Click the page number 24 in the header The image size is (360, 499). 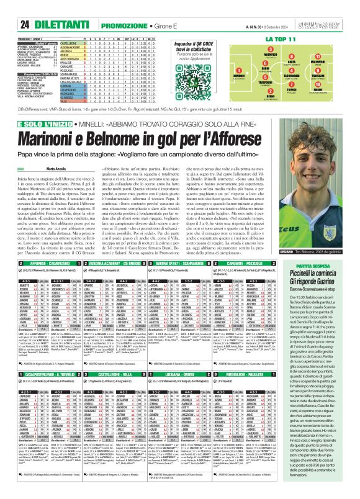(9, 7)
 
